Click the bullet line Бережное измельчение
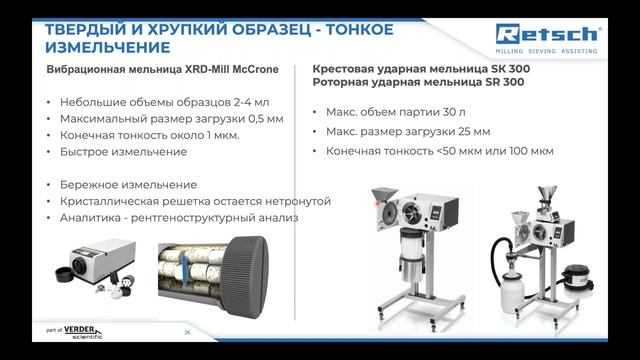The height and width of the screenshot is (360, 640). [129, 184]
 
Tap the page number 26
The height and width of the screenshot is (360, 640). [186, 331]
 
